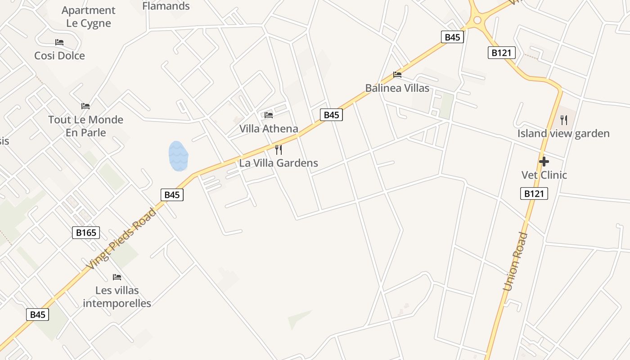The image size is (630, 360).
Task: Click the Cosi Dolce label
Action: coord(59,56)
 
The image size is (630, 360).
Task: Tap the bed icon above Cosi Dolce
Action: coord(59,42)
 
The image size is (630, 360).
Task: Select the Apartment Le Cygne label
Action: coord(88,17)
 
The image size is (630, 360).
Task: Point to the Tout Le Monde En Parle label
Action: coord(85,126)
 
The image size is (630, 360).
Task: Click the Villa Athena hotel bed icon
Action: coord(269,115)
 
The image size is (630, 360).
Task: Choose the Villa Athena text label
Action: coord(269,129)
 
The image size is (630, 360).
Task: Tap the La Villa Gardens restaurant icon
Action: coord(279,149)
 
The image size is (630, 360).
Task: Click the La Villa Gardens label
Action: coord(279,163)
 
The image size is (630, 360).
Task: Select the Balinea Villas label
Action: coord(397,88)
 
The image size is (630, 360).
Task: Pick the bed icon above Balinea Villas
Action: coord(397,74)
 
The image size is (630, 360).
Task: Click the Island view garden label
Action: coord(563,134)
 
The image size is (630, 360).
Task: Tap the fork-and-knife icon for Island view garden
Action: coord(564,120)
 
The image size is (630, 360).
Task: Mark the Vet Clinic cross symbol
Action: coord(544,161)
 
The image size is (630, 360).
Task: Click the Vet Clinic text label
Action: coord(544,175)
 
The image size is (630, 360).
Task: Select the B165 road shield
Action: coord(86,233)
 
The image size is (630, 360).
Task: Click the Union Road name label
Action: coord(516,261)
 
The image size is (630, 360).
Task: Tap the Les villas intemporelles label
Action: coord(117,297)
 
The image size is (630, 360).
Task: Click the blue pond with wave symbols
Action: coord(178,156)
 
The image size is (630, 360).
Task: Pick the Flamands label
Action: coord(166,6)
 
